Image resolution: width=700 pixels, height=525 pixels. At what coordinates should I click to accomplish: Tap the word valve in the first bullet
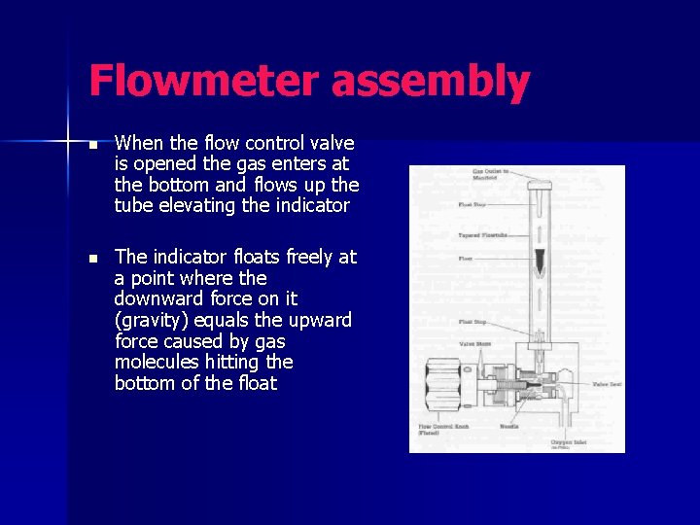tap(332, 143)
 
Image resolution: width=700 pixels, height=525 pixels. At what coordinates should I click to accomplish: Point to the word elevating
tap(203, 204)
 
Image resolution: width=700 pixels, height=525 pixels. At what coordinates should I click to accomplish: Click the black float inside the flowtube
tap(540, 260)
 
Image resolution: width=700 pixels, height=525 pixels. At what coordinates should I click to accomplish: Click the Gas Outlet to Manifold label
tap(490, 175)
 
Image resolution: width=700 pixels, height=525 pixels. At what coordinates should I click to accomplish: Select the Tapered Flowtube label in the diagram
tap(482, 235)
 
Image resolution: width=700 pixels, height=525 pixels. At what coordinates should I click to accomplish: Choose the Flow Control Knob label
tap(441, 429)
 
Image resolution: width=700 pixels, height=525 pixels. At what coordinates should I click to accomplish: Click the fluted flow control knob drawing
tap(445, 386)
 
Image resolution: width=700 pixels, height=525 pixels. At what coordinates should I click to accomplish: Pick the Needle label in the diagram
tap(509, 426)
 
